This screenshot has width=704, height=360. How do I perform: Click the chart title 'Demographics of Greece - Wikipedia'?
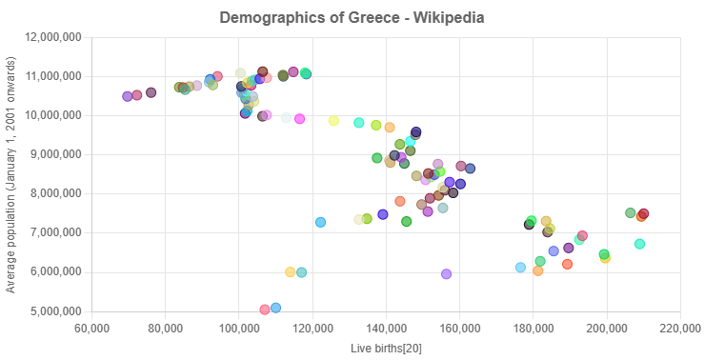pyautogui.click(x=352, y=17)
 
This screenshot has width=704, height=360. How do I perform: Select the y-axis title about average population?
pyautogui.click(x=10, y=174)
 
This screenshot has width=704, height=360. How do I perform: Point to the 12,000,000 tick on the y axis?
pyautogui.click(x=54, y=36)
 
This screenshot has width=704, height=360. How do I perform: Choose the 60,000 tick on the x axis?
pyautogui.click(x=91, y=330)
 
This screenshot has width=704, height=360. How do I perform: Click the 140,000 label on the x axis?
pyautogui.click(x=386, y=330)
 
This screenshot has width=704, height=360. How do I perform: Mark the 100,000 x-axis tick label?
pyautogui.click(x=238, y=330)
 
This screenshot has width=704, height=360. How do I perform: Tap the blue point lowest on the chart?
pyautogui.click(x=275, y=308)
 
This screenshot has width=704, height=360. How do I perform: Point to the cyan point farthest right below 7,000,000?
pyautogui.click(x=639, y=244)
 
